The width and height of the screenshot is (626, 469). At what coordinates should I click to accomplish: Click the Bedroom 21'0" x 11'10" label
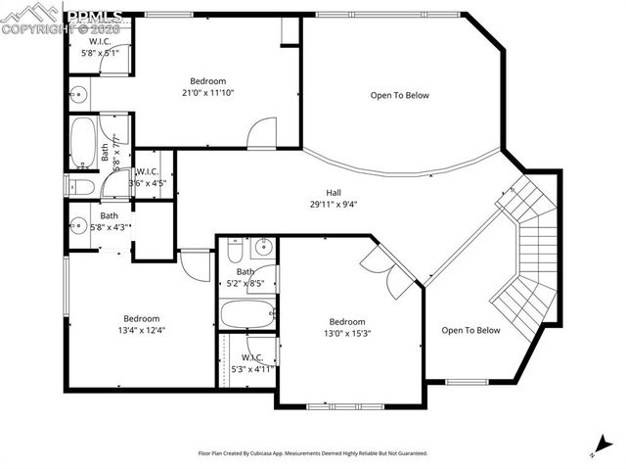(207, 87)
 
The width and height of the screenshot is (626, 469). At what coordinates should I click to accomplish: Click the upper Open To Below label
(399, 95)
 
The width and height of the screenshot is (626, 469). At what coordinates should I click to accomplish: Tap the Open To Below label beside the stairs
(470, 330)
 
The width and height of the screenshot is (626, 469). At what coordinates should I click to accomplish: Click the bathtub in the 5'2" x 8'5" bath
(246, 315)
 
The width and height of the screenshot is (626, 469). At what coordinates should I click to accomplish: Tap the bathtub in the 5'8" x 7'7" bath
(82, 144)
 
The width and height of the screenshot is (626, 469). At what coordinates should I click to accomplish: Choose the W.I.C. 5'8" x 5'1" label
(99, 48)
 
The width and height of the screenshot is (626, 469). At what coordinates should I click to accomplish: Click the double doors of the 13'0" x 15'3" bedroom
(385, 269)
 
